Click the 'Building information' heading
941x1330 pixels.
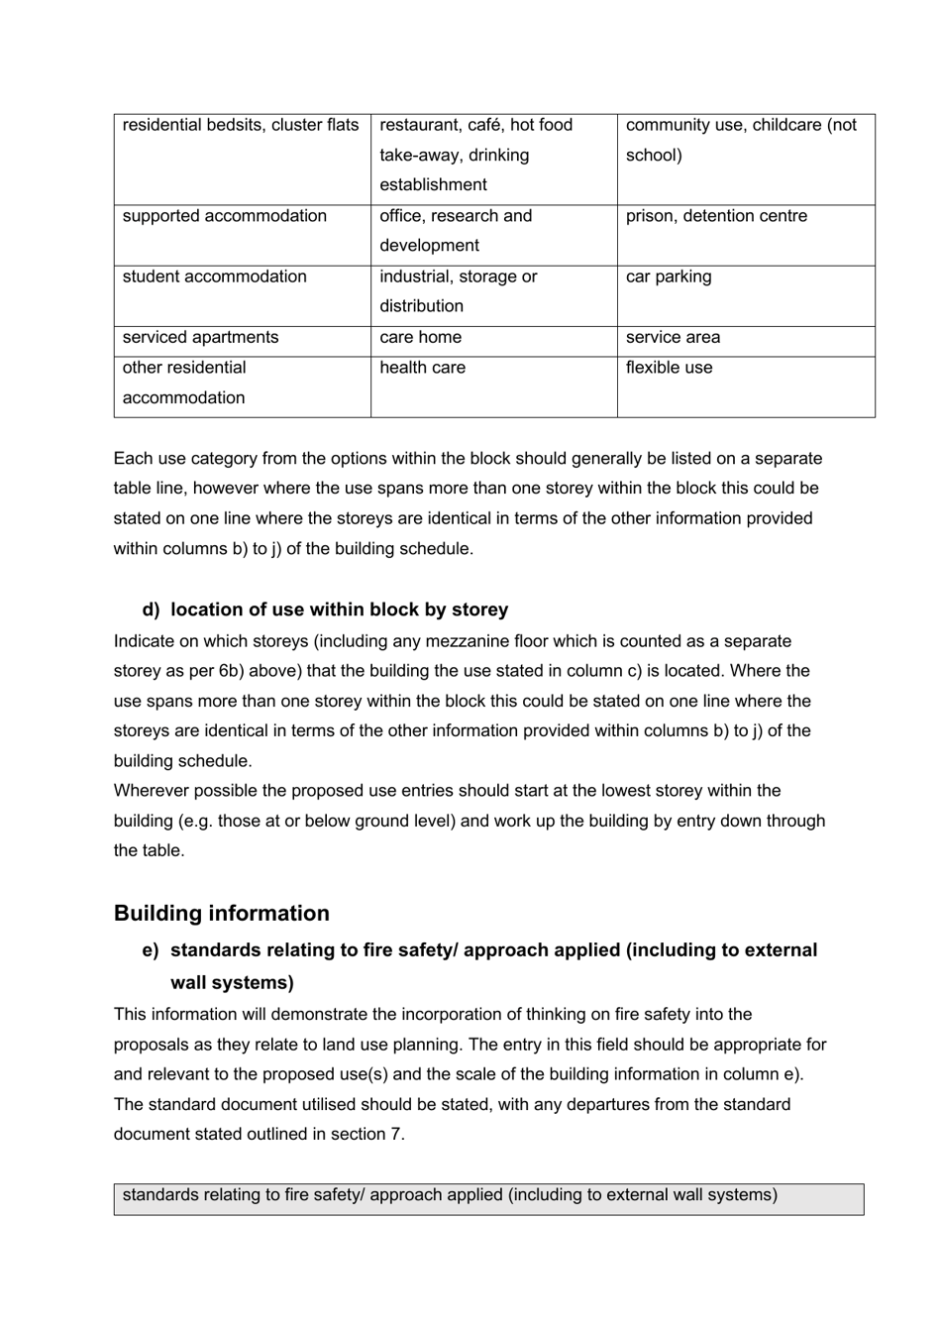(x=221, y=913)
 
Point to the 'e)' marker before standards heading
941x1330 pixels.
(x=151, y=950)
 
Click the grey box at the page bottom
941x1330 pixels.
(x=488, y=1198)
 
